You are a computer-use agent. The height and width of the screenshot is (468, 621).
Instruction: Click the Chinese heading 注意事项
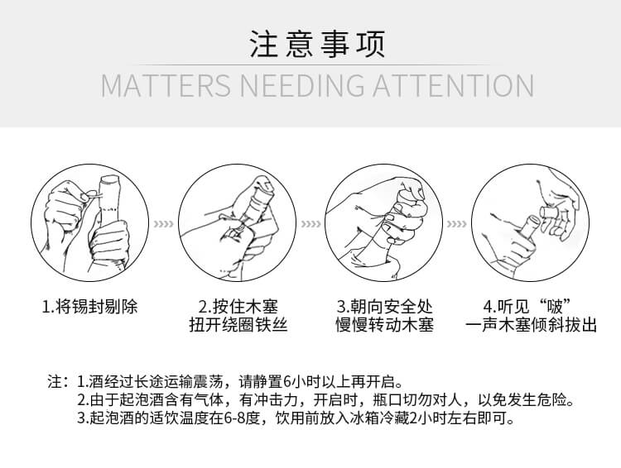click(317, 44)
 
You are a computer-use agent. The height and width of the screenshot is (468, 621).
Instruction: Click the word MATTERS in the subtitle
click(166, 85)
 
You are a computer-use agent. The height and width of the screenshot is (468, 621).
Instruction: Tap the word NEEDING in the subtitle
click(301, 85)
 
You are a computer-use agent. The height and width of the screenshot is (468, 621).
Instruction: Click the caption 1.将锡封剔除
click(90, 307)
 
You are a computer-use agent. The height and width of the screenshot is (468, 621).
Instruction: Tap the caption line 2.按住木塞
click(238, 307)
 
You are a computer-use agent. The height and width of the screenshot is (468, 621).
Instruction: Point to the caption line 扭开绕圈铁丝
click(238, 325)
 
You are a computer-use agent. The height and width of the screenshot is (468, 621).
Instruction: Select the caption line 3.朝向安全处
click(384, 307)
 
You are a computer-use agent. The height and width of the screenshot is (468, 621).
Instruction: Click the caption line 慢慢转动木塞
click(384, 325)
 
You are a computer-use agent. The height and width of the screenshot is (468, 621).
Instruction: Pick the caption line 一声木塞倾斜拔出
click(531, 325)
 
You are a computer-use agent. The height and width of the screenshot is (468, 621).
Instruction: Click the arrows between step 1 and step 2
click(164, 224)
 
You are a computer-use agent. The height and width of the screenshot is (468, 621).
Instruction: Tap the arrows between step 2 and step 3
click(310, 224)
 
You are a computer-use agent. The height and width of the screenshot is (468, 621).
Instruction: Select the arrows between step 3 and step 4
click(456, 224)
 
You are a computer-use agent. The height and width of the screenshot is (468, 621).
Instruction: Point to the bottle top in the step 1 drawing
click(109, 183)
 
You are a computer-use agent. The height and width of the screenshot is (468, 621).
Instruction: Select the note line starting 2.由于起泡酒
click(326, 400)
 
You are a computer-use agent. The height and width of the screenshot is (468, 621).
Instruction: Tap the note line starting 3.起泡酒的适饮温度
click(296, 418)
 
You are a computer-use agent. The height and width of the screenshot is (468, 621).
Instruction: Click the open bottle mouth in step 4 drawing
click(531, 220)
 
